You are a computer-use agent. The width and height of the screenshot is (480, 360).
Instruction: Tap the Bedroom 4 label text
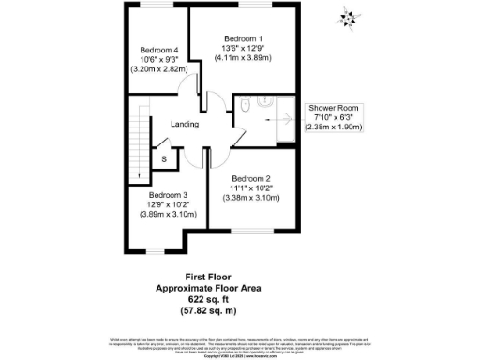pos(159,50)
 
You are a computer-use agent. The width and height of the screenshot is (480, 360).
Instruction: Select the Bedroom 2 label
pos(250,178)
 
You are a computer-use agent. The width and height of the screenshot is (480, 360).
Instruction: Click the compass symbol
pos(351,17)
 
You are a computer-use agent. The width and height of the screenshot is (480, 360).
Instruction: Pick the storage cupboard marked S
pos(163,159)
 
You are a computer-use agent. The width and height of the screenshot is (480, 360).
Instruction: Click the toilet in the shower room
pos(243,108)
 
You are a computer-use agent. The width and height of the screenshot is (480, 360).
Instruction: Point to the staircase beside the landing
pos(142,141)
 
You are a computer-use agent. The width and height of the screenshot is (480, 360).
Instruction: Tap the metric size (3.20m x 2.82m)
pos(160,68)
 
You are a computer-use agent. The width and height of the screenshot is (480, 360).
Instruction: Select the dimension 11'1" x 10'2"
pos(250,187)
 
